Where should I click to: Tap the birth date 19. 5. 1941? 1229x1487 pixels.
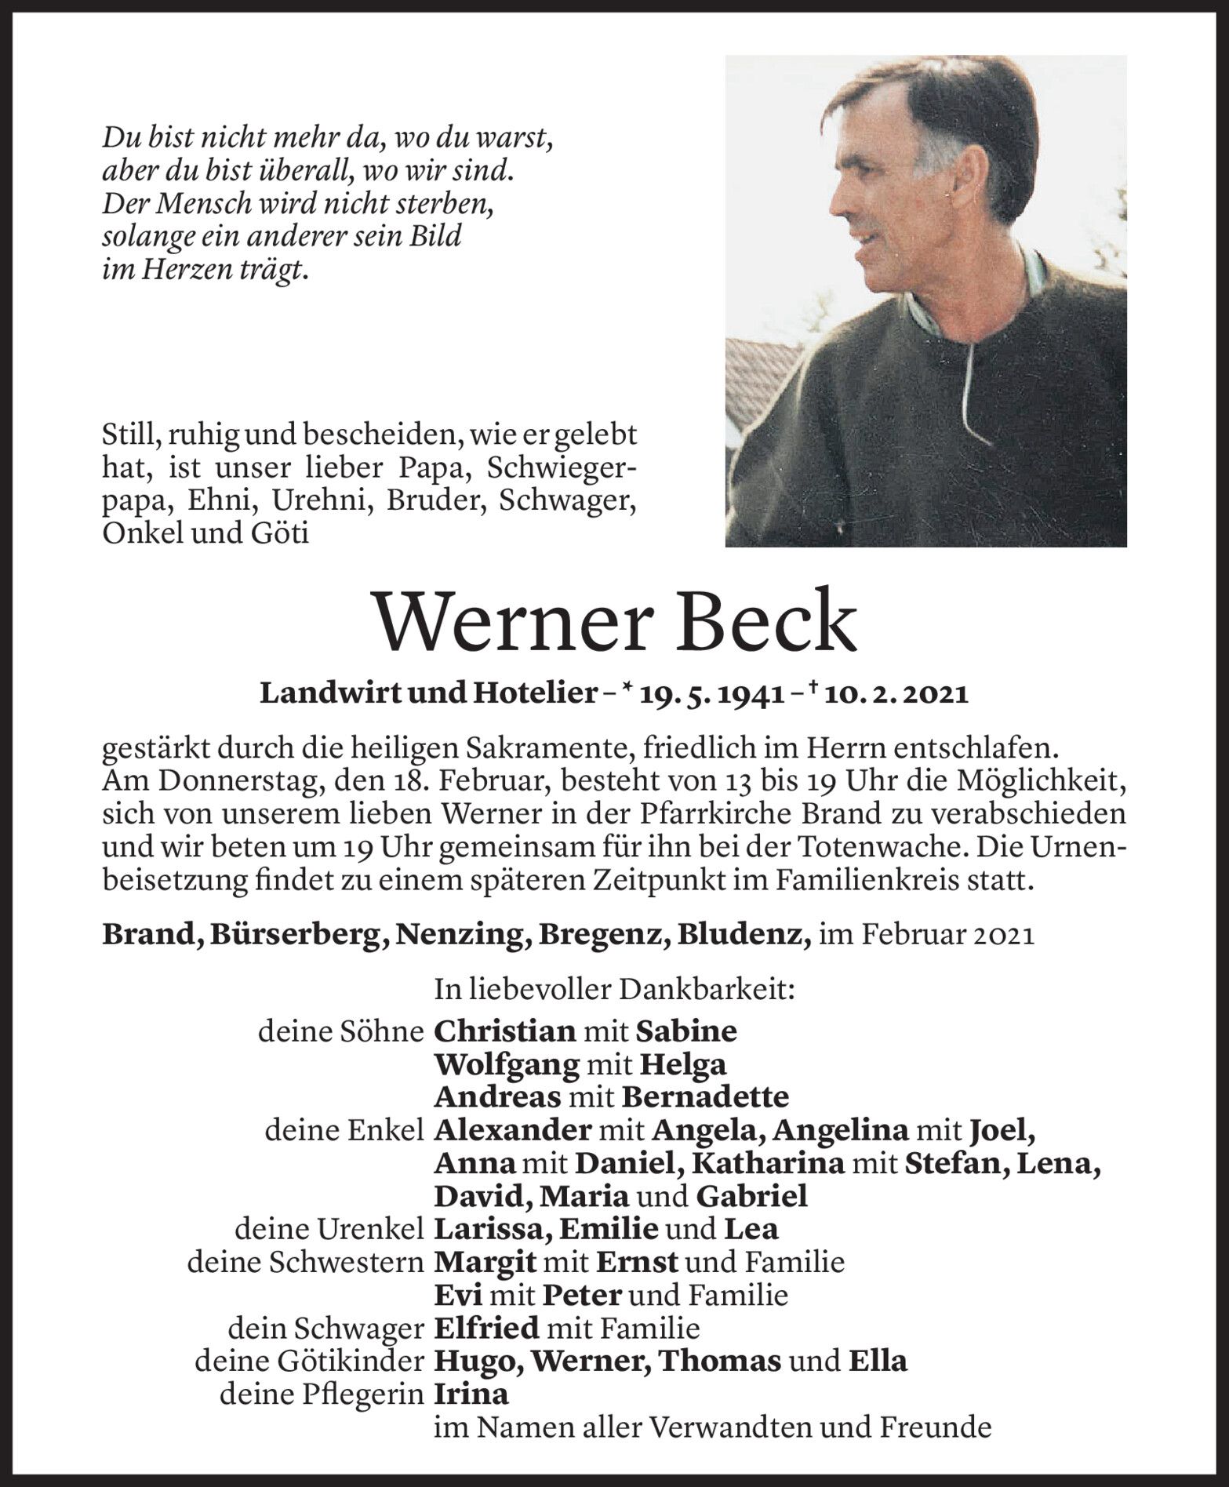(713, 693)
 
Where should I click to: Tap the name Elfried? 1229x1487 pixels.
(486, 1328)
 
